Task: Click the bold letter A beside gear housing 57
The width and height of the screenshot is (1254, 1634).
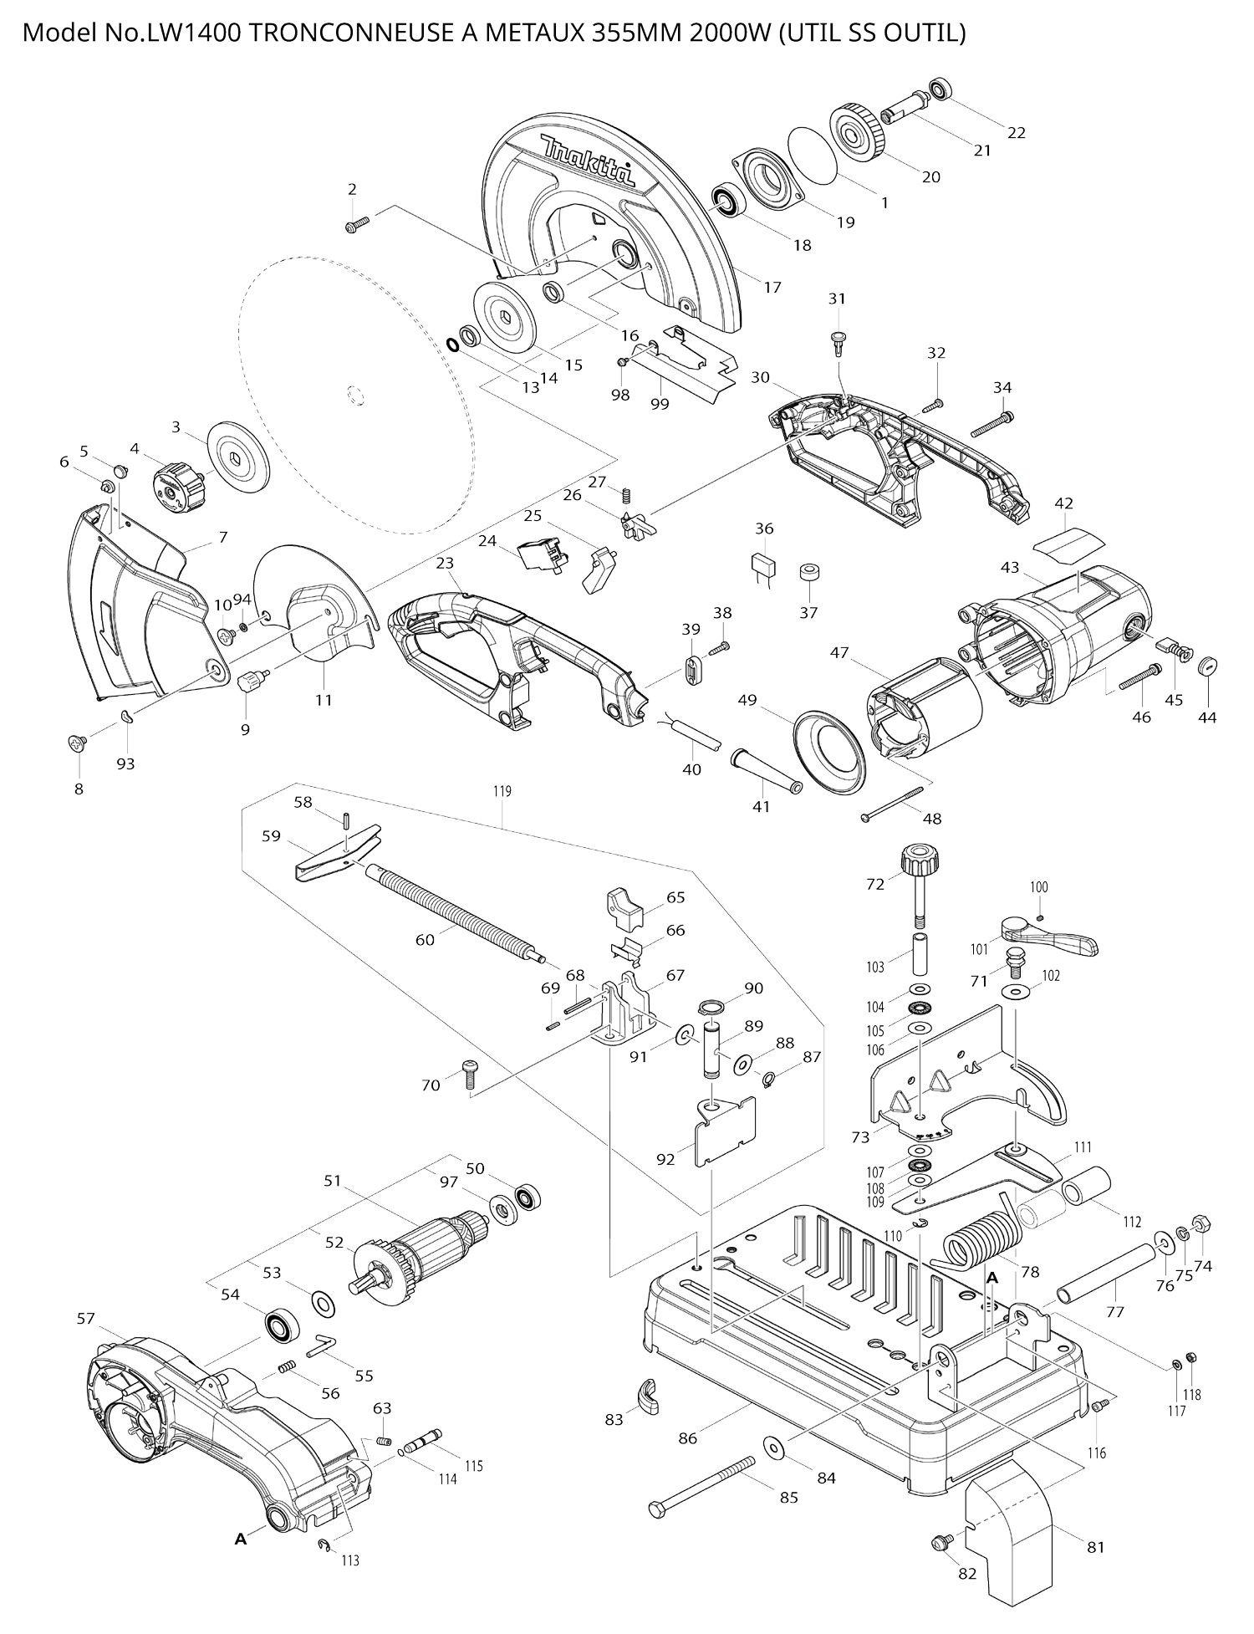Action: [241, 1538]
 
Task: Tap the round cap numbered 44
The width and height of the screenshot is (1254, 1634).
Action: [1207, 666]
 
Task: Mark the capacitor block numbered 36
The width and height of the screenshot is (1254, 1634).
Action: [764, 565]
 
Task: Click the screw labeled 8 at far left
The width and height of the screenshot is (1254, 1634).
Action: [78, 742]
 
